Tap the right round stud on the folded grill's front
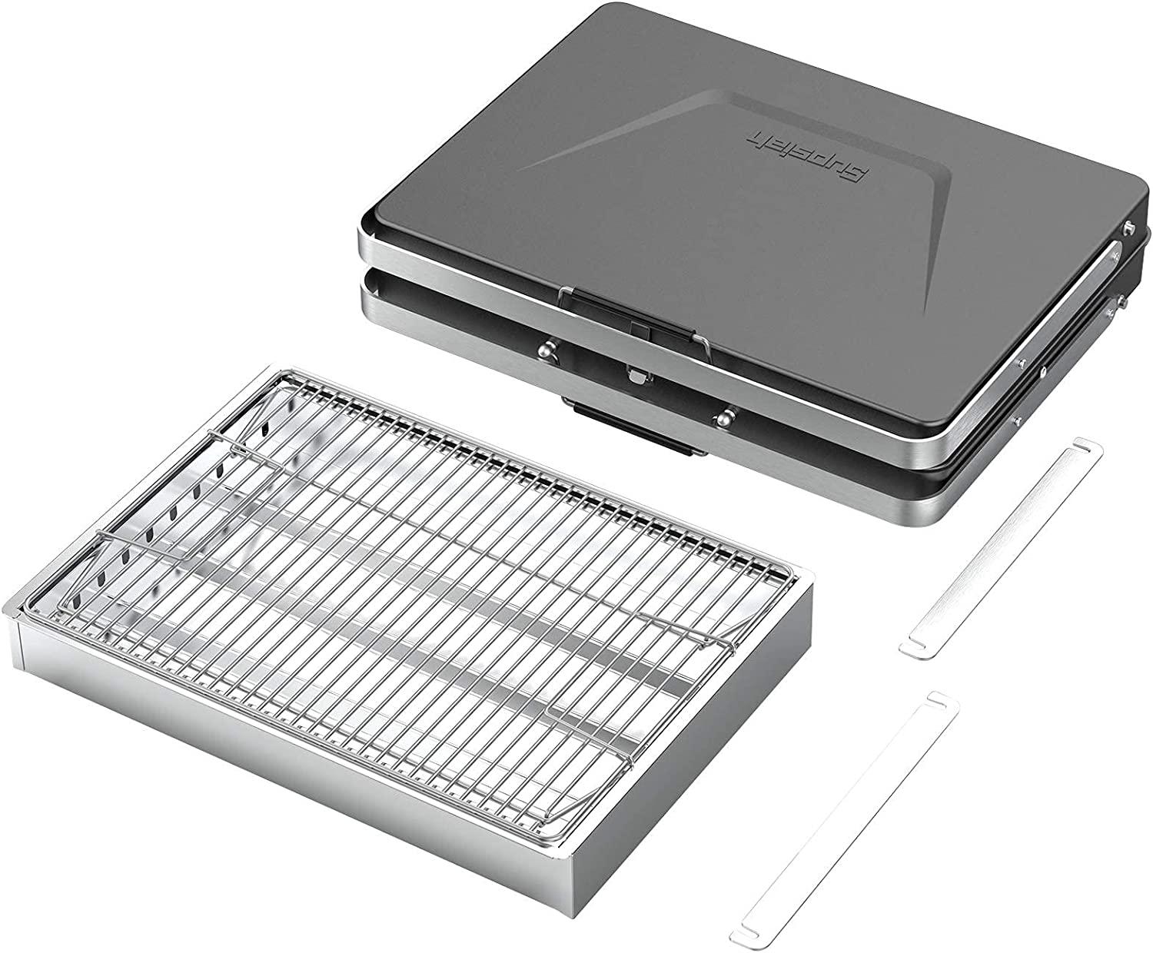[x=723, y=418]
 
